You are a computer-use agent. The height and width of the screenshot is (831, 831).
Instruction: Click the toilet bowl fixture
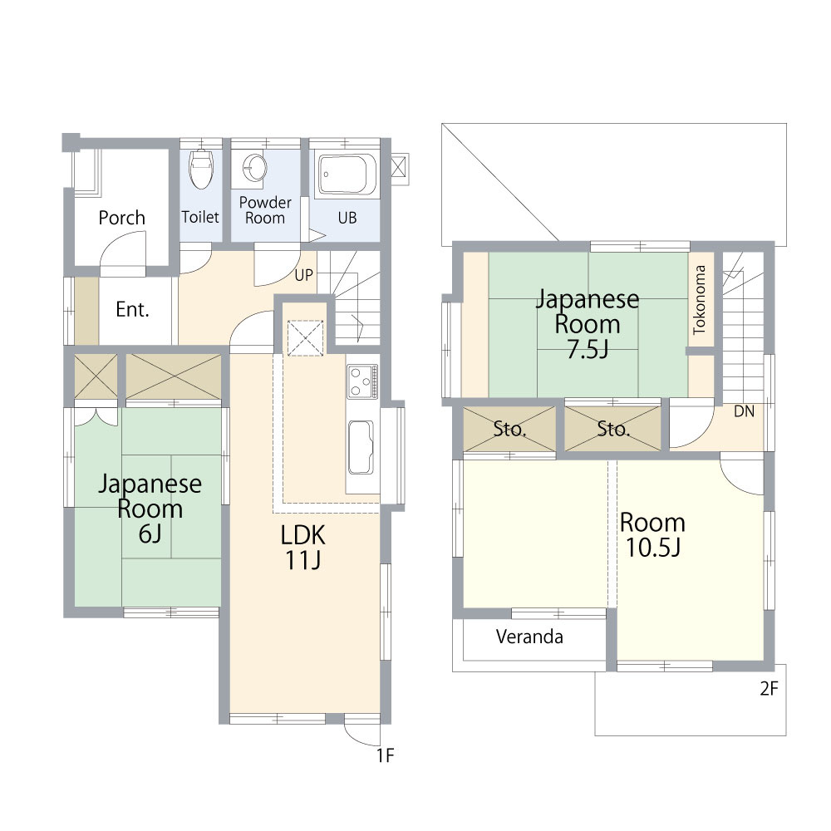[201, 168]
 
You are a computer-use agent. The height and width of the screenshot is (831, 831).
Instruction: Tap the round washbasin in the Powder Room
[255, 168]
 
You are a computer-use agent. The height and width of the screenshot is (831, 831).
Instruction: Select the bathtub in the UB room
[347, 175]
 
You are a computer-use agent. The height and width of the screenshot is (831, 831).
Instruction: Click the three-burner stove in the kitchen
[362, 381]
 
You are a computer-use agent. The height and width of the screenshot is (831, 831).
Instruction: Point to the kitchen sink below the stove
[361, 447]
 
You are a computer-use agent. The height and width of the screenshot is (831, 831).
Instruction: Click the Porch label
[122, 218]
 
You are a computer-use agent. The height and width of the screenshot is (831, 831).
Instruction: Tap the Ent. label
[132, 309]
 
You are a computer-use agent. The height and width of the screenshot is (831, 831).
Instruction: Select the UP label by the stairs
[303, 275]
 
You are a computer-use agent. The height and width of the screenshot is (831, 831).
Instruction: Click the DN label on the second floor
[744, 411]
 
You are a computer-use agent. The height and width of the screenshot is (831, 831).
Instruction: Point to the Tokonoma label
[700, 299]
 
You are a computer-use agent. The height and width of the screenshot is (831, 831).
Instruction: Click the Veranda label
[529, 636]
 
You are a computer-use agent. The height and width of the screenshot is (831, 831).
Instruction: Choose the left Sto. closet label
[510, 429]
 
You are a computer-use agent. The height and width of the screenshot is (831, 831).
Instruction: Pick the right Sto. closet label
[614, 429]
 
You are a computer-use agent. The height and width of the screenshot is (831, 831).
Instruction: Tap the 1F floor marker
[386, 755]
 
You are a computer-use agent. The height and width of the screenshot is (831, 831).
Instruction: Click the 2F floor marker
[769, 688]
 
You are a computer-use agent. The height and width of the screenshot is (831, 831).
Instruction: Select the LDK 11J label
[302, 548]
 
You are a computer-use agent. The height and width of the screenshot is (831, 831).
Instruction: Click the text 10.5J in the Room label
[653, 548]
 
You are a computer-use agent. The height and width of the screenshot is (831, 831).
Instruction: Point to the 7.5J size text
[588, 349]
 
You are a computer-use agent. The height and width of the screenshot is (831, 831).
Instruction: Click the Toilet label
[200, 217]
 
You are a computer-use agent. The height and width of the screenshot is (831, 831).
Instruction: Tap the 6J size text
[150, 534]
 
